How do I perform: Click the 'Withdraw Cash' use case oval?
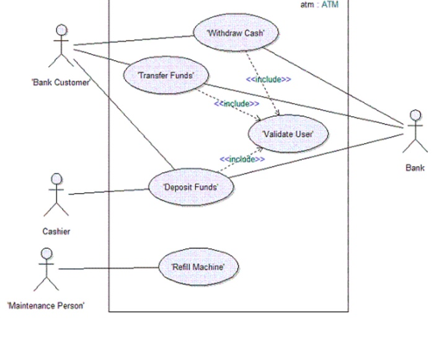[236, 33]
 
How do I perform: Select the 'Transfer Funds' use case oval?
[167, 75]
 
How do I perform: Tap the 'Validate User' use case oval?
[288, 134]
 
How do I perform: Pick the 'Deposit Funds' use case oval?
[190, 186]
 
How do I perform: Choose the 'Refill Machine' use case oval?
[197, 267]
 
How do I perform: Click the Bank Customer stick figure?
[61, 47]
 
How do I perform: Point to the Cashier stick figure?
[56, 194]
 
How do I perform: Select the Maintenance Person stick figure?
[45, 269]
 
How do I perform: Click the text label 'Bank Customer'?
[61, 83]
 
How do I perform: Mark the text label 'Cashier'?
[56, 232]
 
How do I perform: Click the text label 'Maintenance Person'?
[46, 305]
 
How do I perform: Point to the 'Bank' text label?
[415, 168]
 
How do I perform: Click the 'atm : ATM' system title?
[319, 5]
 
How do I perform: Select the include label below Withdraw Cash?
[268, 79]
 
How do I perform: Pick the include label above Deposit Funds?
[242, 160]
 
